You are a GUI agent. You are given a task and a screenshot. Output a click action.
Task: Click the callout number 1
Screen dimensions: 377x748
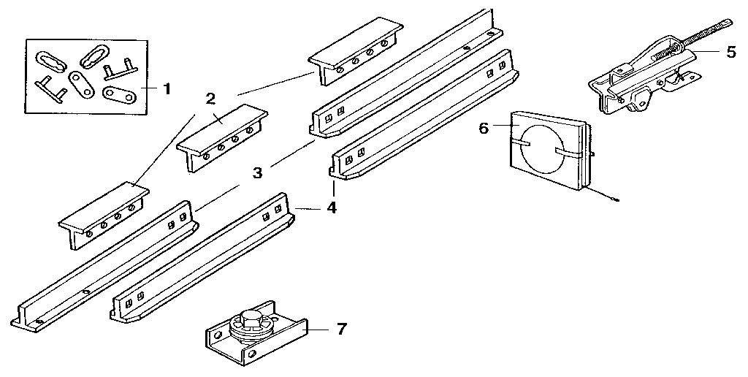pyautogui.click(x=167, y=89)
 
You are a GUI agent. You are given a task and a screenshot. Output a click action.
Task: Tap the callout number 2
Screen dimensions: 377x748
pyautogui.click(x=210, y=99)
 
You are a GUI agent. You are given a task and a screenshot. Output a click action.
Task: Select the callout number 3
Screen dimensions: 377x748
pyautogui.click(x=257, y=173)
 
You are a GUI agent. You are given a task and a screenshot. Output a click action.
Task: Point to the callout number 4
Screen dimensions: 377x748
pyautogui.click(x=332, y=207)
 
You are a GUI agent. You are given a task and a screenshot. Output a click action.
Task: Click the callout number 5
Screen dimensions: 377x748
pyautogui.click(x=731, y=52)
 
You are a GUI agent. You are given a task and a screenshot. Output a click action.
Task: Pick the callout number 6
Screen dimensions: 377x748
pyautogui.click(x=483, y=128)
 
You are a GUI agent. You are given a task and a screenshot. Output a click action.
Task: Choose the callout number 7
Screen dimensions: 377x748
pyautogui.click(x=341, y=329)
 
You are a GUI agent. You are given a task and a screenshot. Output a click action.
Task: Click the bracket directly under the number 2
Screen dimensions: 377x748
pyautogui.click(x=222, y=137)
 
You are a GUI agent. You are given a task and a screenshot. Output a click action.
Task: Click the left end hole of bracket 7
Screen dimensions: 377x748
pyautogui.click(x=216, y=338)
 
